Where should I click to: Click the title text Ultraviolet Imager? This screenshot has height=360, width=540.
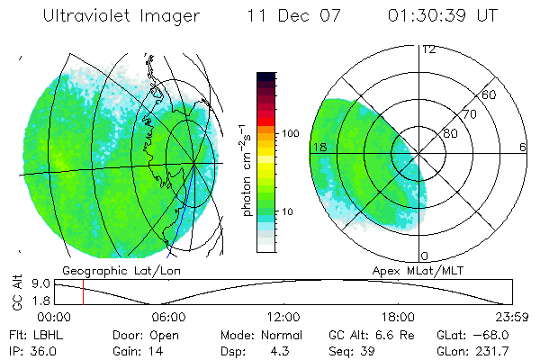tap(122, 17)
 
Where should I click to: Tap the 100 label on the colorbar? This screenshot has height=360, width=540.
tap(289, 133)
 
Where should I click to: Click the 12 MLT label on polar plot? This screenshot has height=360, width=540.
tap(428, 49)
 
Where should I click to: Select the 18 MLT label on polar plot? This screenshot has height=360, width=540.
tap(318, 147)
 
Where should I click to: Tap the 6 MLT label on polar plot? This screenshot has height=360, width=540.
tap(522, 147)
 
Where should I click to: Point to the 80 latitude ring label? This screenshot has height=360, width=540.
tap(448, 134)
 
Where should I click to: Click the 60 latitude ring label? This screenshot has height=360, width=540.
tap(490, 94)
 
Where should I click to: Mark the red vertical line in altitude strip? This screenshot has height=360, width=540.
tap(83, 292)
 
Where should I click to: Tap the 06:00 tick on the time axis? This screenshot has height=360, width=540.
tap(168, 317)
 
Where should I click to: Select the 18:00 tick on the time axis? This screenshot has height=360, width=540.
tap(397, 317)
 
